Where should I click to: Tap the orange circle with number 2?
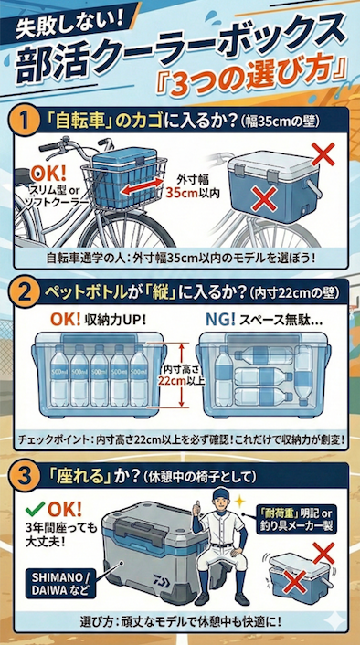coord(26,294)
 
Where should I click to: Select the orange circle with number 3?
coord(26,476)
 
